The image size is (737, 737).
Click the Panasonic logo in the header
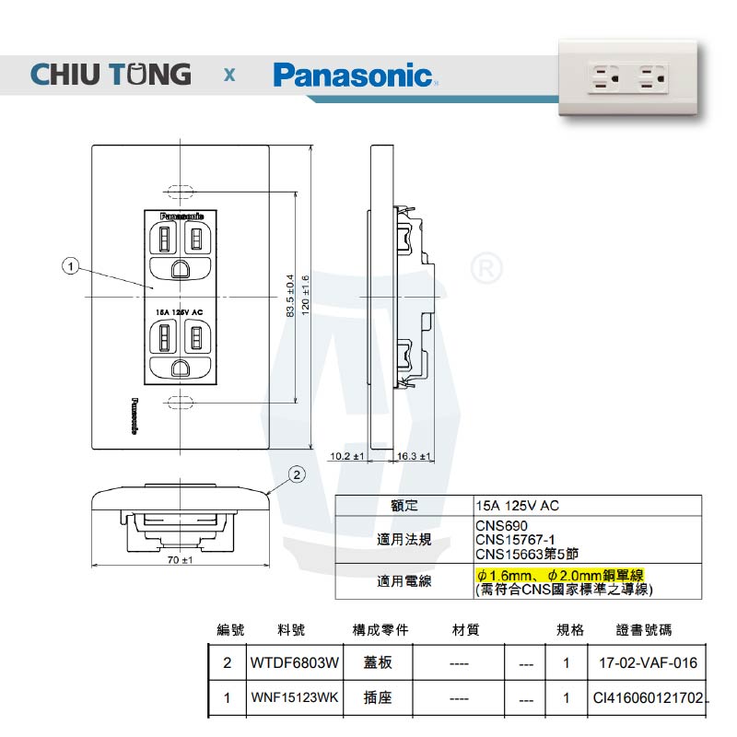353,75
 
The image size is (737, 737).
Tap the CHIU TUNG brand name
111,74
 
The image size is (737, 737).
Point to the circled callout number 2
297,475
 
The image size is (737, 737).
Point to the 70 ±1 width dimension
179,560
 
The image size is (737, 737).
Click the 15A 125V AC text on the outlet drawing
180,311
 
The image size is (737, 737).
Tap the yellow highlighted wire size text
559,575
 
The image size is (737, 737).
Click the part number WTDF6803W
295,662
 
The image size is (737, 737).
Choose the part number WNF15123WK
295,698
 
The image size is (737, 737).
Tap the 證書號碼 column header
644,630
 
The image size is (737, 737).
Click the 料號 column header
290,630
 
